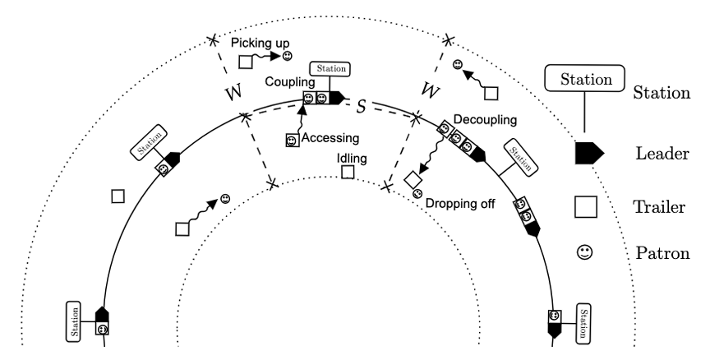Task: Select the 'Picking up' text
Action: click(260, 41)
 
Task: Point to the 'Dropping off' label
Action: click(461, 201)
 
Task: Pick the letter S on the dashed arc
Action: click(360, 104)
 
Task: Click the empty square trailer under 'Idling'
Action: click(348, 172)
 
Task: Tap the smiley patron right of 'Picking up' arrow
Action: click(288, 57)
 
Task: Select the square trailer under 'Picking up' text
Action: click(246, 60)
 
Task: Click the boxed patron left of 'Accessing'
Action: click(291, 141)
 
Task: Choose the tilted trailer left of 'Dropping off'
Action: click(414, 178)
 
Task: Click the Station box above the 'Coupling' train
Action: click(330, 69)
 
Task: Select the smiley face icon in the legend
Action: click(585, 255)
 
